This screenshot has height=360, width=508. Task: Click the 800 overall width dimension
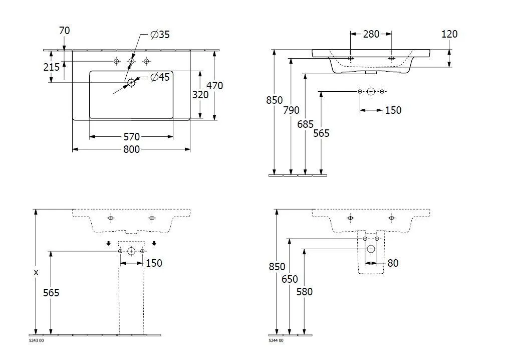pyautogui.click(x=132, y=149)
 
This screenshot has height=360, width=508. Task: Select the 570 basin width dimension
pyautogui.click(x=132, y=136)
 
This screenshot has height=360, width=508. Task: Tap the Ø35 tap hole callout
pyautogui.click(x=160, y=35)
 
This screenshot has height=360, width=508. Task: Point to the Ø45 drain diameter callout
pyautogui.click(x=160, y=77)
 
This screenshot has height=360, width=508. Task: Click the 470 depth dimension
pyautogui.click(x=215, y=86)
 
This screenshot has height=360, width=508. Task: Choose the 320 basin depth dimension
pyautogui.click(x=200, y=95)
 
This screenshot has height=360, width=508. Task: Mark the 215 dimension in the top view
pyautogui.click(x=52, y=67)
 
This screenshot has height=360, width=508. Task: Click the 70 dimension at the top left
pyautogui.click(x=64, y=31)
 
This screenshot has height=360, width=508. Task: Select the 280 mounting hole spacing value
pyautogui.click(x=371, y=34)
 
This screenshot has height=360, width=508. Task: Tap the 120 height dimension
pyautogui.click(x=449, y=34)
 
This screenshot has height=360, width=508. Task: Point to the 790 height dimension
pyautogui.click(x=291, y=110)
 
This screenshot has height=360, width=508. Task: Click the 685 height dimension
pyautogui.click(x=306, y=123)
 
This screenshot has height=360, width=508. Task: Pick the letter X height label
pyautogui.click(x=36, y=273)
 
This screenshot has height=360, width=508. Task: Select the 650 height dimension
pyautogui.click(x=290, y=279)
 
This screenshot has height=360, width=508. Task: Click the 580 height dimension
pyautogui.click(x=305, y=292)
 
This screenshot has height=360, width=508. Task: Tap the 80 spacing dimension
pyautogui.click(x=393, y=263)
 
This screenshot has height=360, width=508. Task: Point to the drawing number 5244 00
pyautogui.click(x=276, y=341)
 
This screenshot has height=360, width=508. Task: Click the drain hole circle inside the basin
pyautogui.click(x=131, y=82)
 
